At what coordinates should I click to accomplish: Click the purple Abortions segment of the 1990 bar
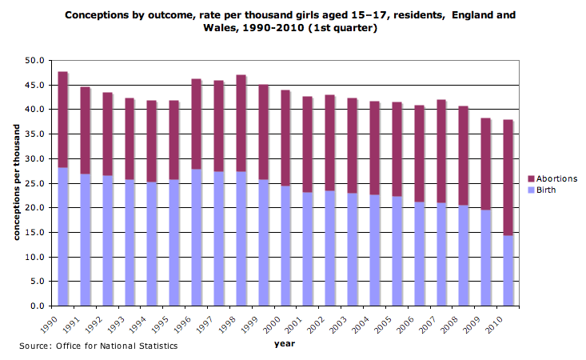coord(62,120)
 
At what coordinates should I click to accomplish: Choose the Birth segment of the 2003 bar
coord(352,249)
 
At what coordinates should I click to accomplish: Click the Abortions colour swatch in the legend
coord(532,178)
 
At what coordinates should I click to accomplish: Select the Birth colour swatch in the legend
coord(532,190)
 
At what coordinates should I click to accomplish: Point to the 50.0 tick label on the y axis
coord(34,61)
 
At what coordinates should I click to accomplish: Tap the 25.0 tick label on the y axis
coord(34,183)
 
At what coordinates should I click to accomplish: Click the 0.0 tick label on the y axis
coord(37,306)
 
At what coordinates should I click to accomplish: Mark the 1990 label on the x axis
coord(51,322)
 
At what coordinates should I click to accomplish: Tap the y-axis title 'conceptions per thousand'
coord(15,182)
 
